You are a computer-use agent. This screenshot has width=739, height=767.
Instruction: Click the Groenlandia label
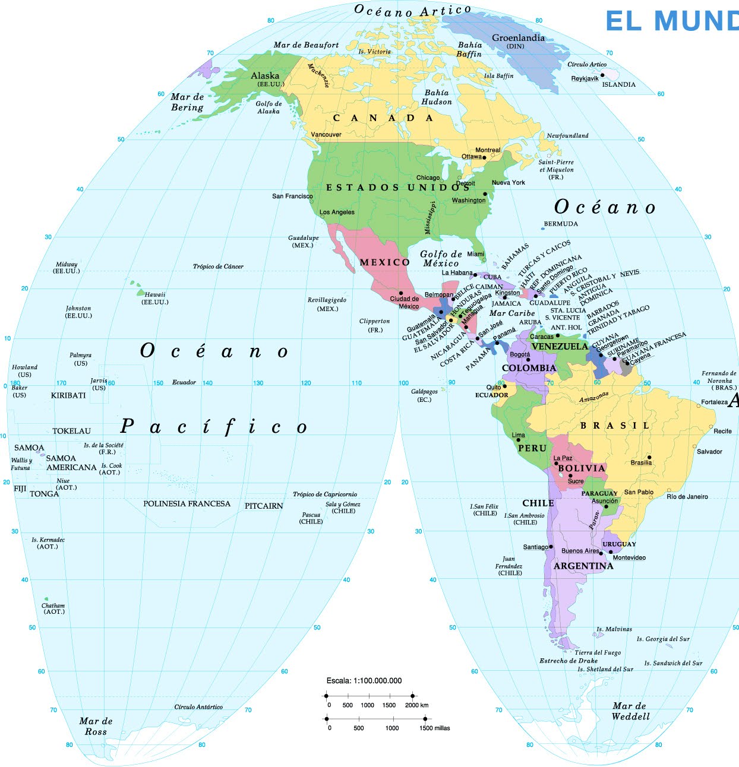(x=517, y=38)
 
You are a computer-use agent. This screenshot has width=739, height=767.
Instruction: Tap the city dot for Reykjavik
(x=602, y=75)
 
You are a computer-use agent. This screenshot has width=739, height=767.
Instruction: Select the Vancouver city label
(x=326, y=135)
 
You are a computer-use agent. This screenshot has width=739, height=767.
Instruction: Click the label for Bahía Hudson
(x=437, y=97)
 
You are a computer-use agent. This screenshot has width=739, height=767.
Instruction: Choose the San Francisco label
(x=292, y=196)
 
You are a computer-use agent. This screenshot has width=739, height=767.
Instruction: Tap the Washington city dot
(x=485, y=194)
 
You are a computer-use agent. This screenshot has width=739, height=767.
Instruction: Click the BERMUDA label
(x=561, y=224)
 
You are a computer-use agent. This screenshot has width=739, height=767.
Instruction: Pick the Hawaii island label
(x=155, y=294)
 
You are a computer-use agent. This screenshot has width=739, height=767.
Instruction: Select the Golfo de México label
(x=441, y=259)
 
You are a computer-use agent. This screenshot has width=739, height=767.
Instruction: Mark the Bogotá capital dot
(x=528, y=360)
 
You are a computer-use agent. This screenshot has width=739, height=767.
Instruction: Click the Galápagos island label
(x=424, y=392)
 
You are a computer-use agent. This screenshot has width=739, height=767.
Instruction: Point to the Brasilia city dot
(x=649, y=457)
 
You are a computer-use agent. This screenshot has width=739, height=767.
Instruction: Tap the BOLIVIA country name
(x=582, y=468)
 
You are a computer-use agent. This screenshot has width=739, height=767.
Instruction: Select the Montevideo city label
(x=629, y=558)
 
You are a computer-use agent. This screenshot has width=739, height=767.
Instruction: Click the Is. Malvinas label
(x=614, y=629)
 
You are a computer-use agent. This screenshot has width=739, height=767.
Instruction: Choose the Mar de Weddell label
(x=630, y=711)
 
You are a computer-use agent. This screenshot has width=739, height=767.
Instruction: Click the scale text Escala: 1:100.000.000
(x=364, y=681)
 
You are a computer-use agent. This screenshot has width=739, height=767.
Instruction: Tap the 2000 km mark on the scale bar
(x=412, y=695)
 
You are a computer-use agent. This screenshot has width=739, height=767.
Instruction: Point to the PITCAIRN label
(x=264, y=506)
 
